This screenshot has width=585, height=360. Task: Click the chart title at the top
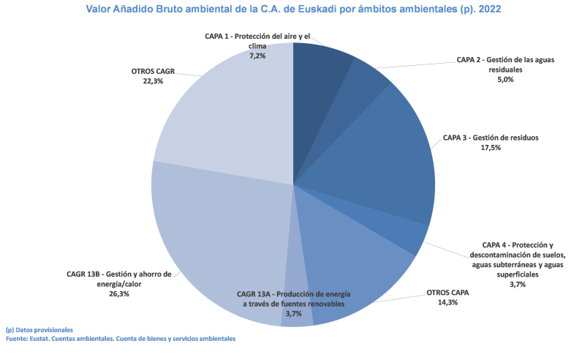pos(292,11)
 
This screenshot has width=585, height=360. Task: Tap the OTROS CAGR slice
pos(219,117)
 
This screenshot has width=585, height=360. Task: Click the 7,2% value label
pos(257,56)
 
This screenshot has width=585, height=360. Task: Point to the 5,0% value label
pos(505,80)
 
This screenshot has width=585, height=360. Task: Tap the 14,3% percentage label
pos(448,302)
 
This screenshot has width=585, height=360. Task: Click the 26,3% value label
pos(118,294)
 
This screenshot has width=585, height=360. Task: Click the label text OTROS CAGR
pos(153,72)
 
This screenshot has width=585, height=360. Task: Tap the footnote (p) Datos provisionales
pos(39,330)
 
